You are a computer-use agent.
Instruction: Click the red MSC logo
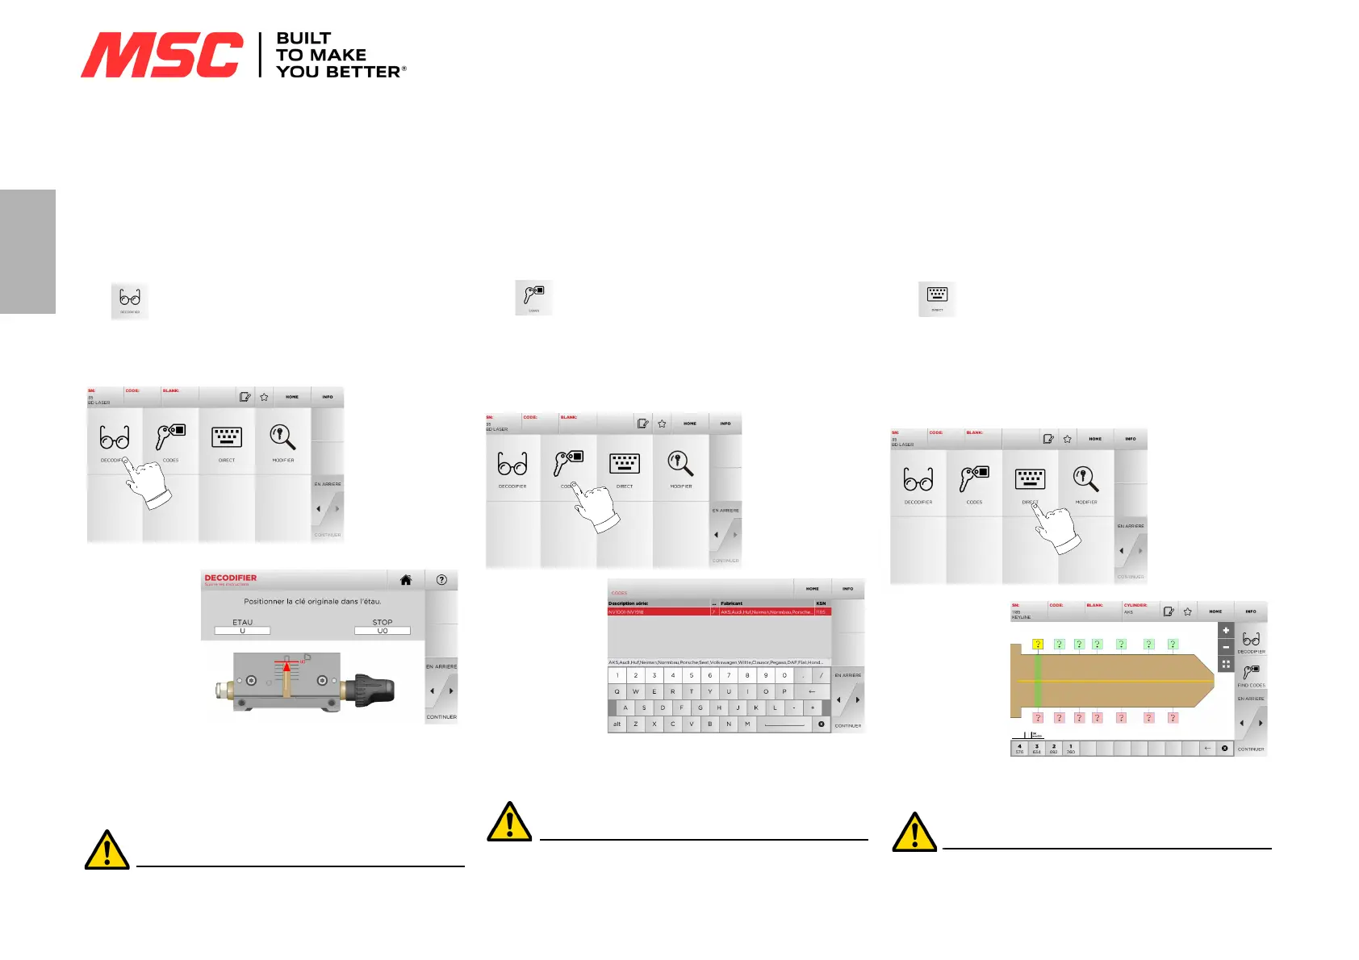(x=161, y=55)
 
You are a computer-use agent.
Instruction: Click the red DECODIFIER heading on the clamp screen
(x=230, y=578)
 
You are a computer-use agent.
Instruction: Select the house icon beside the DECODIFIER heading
(x=406, y=579)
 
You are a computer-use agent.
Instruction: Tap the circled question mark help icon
(x=441, y=579)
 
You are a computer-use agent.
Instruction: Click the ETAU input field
(x=242, y=631)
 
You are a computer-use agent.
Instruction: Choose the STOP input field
(x=383, y=631)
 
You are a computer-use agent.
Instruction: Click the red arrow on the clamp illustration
(x=286, y=667)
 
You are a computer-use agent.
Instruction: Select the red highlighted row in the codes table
(x=718, y=612)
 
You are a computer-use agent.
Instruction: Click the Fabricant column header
(x=731, y=603)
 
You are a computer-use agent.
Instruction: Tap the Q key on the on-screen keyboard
(x=617, y=691)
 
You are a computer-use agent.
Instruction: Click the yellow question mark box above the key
(x=1038, y=644)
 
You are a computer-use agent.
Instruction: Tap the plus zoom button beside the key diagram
(x=1226, y=630)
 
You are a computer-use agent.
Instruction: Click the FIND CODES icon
(x=1251, y=674)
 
